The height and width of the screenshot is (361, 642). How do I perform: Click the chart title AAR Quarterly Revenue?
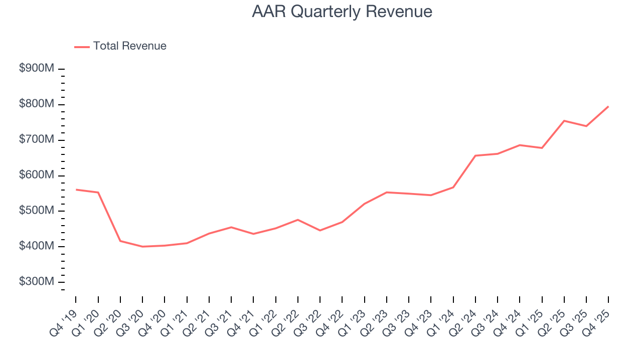[x=342, y=12]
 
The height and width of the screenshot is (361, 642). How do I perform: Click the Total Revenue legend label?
[x=129, y=46]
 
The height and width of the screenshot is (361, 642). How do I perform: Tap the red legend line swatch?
[x=82, y=47]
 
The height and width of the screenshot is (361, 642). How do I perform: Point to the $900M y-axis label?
[x=36, y=69]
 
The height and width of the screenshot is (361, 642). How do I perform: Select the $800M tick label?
[x=36, y=104]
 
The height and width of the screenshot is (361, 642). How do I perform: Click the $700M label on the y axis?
[x=36, y=140]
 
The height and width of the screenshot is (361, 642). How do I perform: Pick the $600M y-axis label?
[x=36, y=175]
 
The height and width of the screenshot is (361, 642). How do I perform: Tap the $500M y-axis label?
[x=36, y=211]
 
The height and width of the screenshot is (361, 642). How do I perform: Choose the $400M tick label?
[x=36, y=247]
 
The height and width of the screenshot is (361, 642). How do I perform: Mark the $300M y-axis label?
[x=36, y=282]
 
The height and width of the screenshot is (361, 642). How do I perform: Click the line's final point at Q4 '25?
[x=608, y=106]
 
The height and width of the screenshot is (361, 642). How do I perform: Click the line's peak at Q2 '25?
[x=564, y=121]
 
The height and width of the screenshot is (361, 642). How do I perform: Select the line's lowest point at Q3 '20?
[x=142, y=247]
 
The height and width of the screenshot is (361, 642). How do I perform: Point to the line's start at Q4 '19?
[x=76, y=190]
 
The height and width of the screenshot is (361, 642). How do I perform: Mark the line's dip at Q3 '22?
[x=320, y=231]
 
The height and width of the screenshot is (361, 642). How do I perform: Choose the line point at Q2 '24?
[x=475, y=155]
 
